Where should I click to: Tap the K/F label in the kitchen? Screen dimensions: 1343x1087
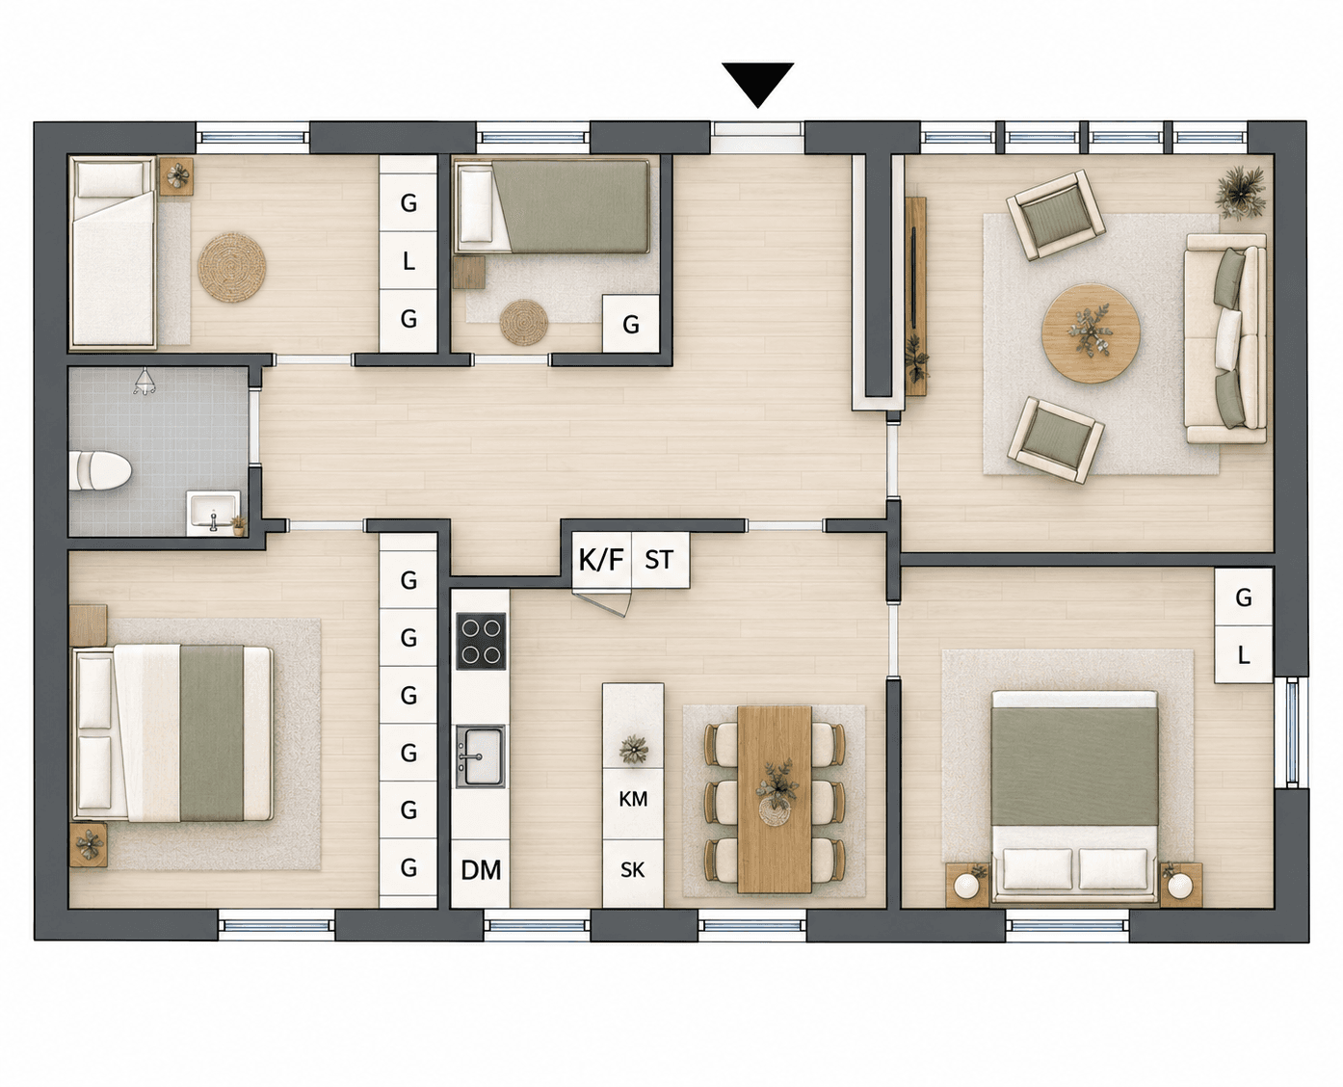601,559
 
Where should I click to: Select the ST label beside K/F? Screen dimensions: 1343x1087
659,559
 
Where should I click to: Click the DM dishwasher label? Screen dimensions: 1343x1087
481,870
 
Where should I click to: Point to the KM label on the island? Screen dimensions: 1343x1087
633,800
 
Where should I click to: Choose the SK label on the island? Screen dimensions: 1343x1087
632,870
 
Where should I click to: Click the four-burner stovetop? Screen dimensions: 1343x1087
481,641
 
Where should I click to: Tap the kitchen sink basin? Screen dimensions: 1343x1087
481,756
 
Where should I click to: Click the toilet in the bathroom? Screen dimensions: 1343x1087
99,470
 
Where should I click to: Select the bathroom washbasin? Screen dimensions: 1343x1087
213,514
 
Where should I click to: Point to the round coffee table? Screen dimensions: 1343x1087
1091,332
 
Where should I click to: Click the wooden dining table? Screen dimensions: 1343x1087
775,800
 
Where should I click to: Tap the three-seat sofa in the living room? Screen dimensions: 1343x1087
1225,338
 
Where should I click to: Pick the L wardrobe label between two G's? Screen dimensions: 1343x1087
408,260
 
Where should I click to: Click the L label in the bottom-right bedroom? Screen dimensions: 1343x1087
1244,655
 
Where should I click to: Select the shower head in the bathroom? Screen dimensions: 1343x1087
145,382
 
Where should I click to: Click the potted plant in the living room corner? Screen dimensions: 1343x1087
1241,193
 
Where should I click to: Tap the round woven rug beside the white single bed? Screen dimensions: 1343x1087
232,267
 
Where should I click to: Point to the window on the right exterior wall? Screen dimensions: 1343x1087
1291,732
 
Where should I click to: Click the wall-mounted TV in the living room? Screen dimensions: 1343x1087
913,278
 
